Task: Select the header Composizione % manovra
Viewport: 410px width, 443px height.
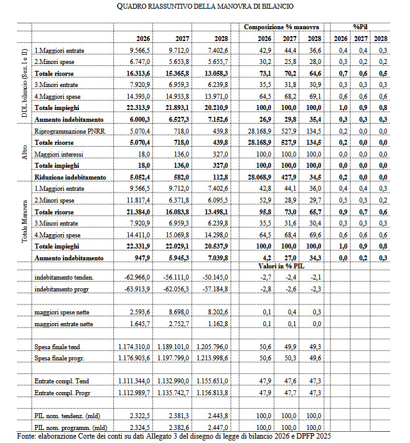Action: tap(281, 27)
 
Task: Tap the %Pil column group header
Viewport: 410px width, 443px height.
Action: tap(360, 27)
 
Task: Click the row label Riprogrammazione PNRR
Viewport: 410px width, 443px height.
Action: tap(70, 132)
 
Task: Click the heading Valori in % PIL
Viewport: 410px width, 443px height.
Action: tap(281, 265)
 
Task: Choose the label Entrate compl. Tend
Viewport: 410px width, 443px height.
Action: tap(63, 380)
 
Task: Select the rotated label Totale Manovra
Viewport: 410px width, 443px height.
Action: tap(24, 221)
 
